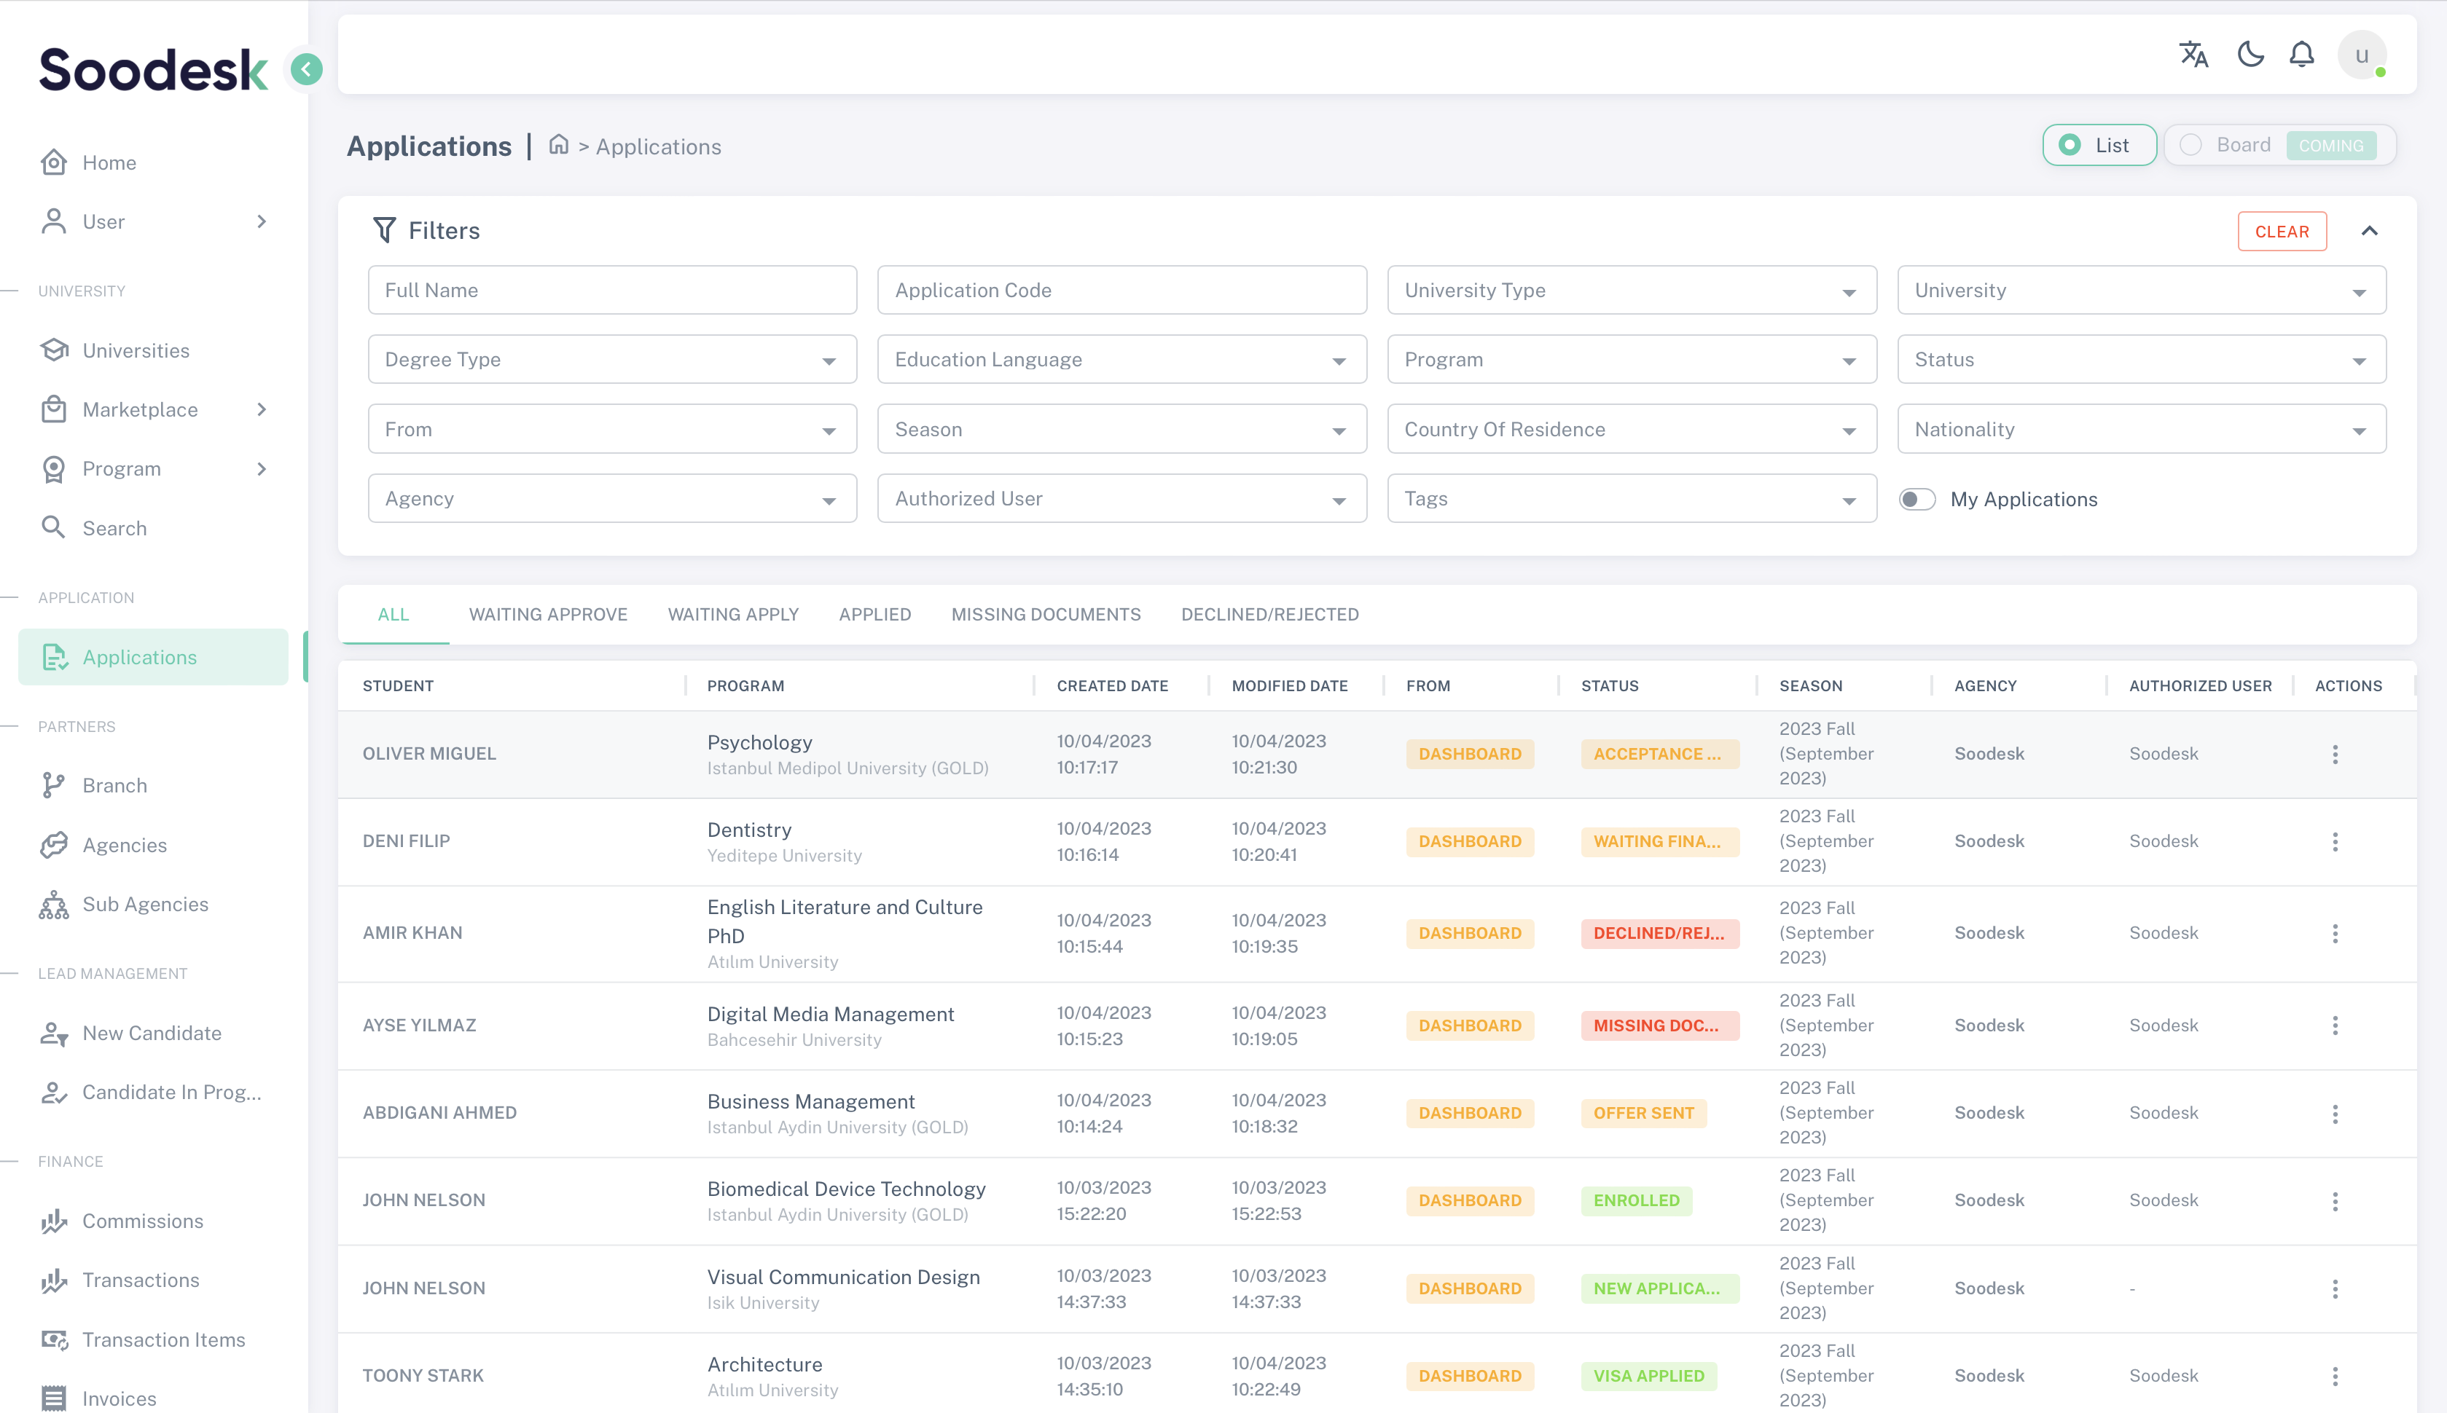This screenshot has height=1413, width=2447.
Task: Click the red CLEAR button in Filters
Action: click(x=2281, y=231)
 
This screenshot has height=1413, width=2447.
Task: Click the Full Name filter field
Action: click(x=611, y=290)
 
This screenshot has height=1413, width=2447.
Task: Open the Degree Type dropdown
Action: click(x=611, y=360)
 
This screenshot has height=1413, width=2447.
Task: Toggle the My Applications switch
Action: click(x=1917, y=499)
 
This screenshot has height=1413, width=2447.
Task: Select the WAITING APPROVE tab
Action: click(x=547, y=614)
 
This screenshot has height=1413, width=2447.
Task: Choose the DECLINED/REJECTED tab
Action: click(x=1269, y=614)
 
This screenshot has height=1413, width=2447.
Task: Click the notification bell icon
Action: click(x=2301, y=55)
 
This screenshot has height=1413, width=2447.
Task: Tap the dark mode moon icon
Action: click(x=2250, y=55)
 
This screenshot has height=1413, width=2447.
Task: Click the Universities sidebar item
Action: click(x=136, y=350)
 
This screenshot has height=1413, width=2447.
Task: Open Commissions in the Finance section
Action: click(x=143, y=1221)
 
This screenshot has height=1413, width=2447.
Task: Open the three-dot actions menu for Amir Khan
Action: click(x=2334, y=934)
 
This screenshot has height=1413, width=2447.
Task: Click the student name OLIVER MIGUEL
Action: click(x=429, y=754)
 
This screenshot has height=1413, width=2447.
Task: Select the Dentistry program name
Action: click(x=749, y=830)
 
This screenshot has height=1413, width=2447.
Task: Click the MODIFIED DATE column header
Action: click(x=1289, y=686)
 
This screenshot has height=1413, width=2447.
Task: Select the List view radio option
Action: click(x=2099, y=145)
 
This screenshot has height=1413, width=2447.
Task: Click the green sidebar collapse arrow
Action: click(x=307, y=69)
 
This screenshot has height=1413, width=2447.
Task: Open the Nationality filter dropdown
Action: click(x=2140, y=429)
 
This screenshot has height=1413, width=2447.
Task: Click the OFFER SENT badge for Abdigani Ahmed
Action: click(x=1643, y=1113)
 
